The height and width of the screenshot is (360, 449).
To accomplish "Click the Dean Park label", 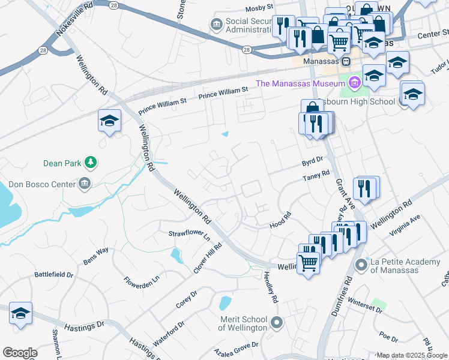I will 62,163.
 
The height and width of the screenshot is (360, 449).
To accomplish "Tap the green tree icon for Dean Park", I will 91,162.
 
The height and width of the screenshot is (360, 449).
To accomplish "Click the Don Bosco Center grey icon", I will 85,183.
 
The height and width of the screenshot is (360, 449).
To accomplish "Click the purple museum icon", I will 355,83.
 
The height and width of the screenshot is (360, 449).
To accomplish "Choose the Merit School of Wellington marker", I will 276,323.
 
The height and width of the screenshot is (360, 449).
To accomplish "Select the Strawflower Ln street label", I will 188,233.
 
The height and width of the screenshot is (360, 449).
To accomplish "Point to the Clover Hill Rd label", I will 208,258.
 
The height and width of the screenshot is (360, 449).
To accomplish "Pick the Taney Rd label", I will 316,175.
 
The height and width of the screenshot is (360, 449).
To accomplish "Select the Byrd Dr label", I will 312,160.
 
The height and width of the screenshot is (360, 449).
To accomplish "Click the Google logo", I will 20,353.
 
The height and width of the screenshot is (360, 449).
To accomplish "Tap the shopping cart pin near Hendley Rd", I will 308,262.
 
